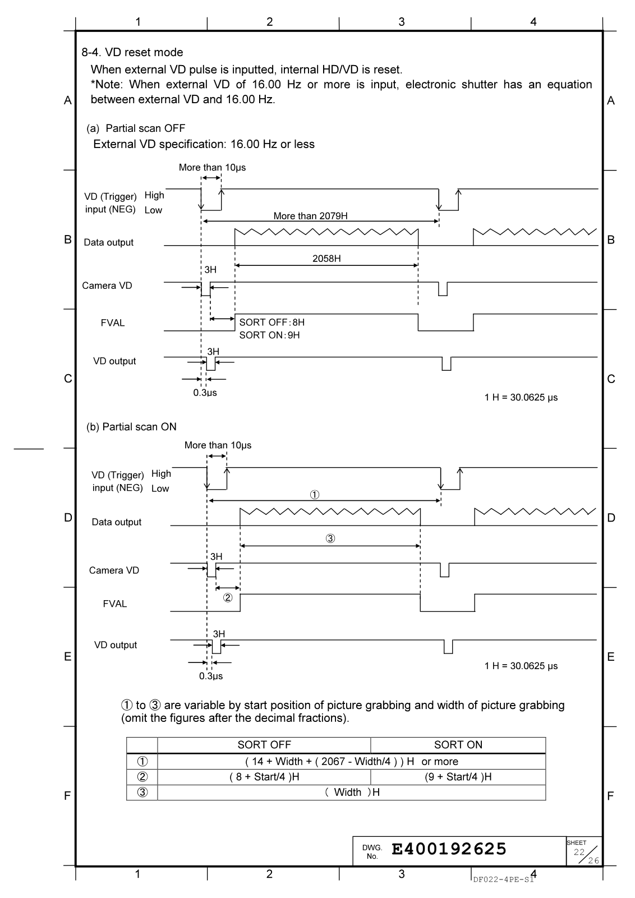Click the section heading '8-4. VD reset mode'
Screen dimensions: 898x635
[132, 53]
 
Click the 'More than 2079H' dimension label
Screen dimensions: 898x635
[310, 216]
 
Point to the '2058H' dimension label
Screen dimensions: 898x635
[326, 259]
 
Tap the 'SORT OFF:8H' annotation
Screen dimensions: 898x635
[272, 323]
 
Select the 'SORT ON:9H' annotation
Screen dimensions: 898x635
[270, 335]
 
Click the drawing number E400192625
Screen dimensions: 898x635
[449, 849]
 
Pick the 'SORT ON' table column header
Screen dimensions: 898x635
[458, 745]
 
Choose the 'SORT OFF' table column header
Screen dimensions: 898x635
[264, 745]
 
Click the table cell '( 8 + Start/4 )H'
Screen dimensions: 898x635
[264, 777]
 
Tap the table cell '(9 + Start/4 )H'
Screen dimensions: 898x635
[458, 777]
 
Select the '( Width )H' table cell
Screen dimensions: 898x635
[352, 792]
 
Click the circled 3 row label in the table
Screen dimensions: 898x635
[142, 792]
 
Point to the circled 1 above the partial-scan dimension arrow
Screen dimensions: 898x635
[315, 495]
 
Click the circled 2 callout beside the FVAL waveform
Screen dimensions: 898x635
[228, 597]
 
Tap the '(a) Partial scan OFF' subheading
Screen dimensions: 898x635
[135, 128]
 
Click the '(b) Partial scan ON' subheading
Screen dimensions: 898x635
[131, 427]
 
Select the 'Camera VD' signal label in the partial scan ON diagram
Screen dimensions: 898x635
[114, 570]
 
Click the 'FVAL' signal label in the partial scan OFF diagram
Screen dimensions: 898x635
[113, 323]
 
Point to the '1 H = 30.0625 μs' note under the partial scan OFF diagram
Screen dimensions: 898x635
[521, 398]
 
